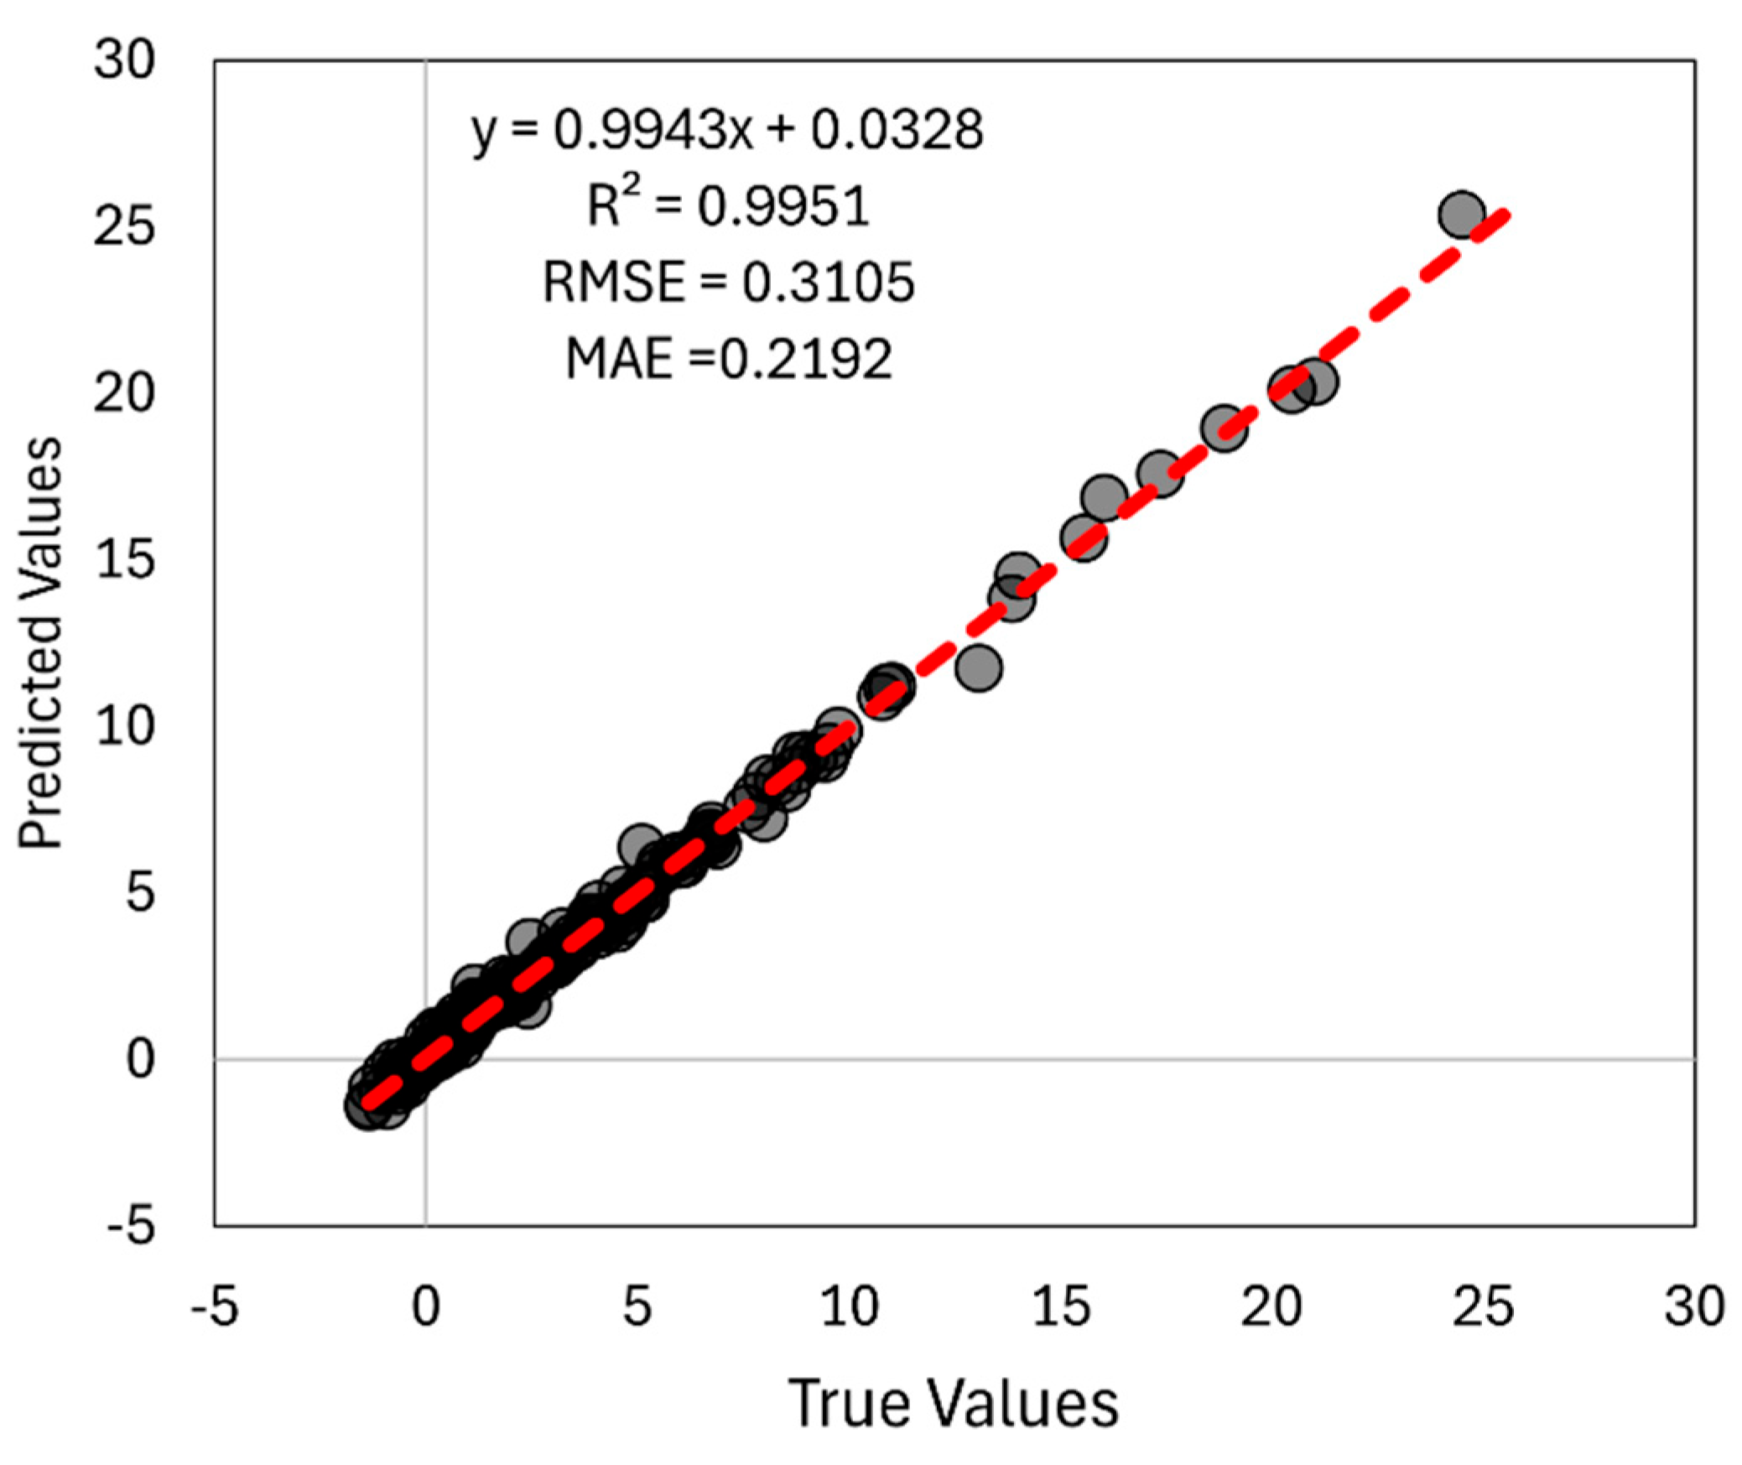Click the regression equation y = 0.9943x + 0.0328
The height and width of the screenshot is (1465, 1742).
[x=726, y=131]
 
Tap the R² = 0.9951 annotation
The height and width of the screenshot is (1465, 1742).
[x=728, y=205]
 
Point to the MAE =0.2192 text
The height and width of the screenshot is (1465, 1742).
[x=728, y=358]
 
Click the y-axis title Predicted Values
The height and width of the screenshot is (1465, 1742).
[x=40, y=642]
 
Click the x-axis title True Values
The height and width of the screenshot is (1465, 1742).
[x=953, y=1402]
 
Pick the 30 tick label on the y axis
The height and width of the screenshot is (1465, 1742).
[x=124, y=60]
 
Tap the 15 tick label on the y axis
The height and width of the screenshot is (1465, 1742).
[x=124, y=559]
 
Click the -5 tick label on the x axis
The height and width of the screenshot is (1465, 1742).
[x=215, y=1307]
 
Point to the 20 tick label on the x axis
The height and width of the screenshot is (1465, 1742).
[x=1271, y=1307]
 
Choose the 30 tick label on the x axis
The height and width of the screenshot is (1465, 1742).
[x=1693, y=1307]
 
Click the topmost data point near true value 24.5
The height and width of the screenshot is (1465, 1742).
[x=1462, y=214]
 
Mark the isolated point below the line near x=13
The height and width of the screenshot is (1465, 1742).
[x=978, y=668]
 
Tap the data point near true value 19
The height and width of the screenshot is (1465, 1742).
[x=1224, y=429]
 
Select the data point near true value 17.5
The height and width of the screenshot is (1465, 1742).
[x=1160, y=474]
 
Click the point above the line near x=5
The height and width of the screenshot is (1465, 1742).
[x=641, y=844]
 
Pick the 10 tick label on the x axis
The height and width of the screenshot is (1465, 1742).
[x=849, y=1307]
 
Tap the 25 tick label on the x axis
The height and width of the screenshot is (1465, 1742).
[x=1482, y=1307]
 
